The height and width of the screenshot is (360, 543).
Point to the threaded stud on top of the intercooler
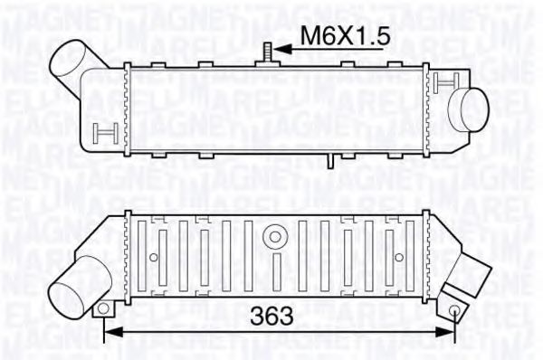point(269,52)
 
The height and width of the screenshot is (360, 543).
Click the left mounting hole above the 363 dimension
point(105,309)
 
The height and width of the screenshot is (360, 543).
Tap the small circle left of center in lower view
point(153,259)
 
